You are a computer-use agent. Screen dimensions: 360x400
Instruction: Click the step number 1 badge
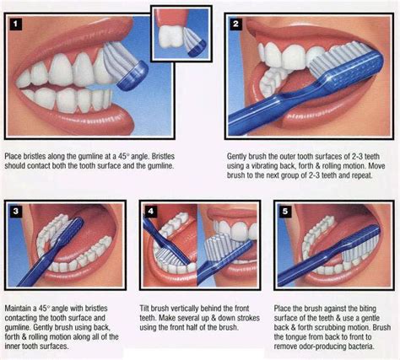click(15, 24)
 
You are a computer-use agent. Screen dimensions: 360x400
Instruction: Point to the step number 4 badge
click(152, 210)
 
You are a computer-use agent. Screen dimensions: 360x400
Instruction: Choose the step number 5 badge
click(284, 210)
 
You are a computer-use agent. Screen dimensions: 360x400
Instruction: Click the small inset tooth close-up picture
click(180, 32)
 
